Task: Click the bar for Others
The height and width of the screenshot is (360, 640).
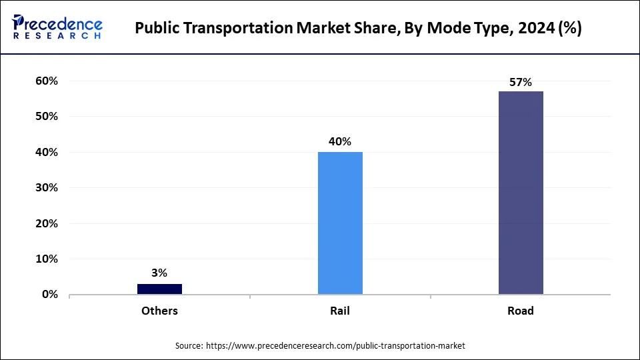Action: coord(159,289)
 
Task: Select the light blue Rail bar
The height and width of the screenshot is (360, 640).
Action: coord(340,223)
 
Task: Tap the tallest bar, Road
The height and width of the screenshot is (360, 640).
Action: coord(521,193)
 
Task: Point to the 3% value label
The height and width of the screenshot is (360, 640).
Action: coord(159,273)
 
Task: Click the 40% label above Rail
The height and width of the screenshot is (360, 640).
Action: coord(340,141)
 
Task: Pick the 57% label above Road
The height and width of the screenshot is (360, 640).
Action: coord(521,82)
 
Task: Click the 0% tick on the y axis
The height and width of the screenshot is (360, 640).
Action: coord(49,294)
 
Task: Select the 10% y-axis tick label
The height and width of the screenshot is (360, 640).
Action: coord(47,259)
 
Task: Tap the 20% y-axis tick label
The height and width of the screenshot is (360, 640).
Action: coord(47,223)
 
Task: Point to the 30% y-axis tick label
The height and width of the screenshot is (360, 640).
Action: coord(47,187)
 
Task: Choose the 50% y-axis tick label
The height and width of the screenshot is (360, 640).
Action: coord(47,116)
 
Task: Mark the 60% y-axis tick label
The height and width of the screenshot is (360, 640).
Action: coord(47,81)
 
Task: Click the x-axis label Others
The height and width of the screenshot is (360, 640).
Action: coord(159,311)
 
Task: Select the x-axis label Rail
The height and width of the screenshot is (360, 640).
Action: coord(340,311)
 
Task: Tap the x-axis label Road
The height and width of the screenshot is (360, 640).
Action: coord(521,311)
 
